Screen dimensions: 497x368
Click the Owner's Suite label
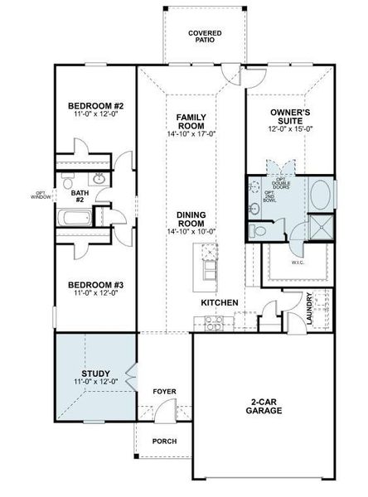290,116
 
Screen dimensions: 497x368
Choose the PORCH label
164,441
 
